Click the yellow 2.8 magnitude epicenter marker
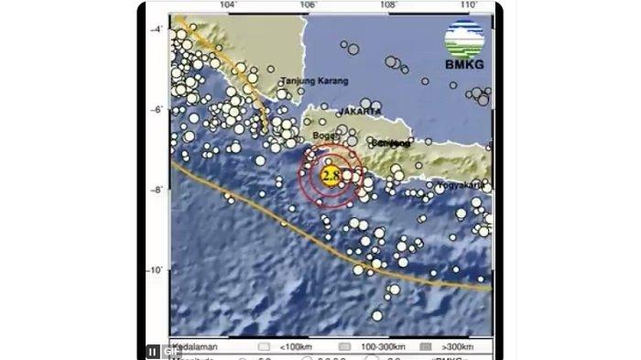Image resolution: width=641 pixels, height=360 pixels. click(331, 172)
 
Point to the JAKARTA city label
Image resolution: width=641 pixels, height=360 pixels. click(359, 111)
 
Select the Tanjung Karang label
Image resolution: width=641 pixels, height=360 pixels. click(315, 82)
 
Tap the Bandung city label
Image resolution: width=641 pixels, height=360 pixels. click(391, 143)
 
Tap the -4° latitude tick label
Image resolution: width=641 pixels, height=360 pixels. click(157, 29)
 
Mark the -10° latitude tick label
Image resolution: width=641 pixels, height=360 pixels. click(156, 270)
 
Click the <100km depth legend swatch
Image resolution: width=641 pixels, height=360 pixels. click(264, 347)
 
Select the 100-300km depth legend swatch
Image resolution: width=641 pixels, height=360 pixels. click(346, 347)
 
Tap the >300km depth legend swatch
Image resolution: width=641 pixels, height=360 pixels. click(427, 347)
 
